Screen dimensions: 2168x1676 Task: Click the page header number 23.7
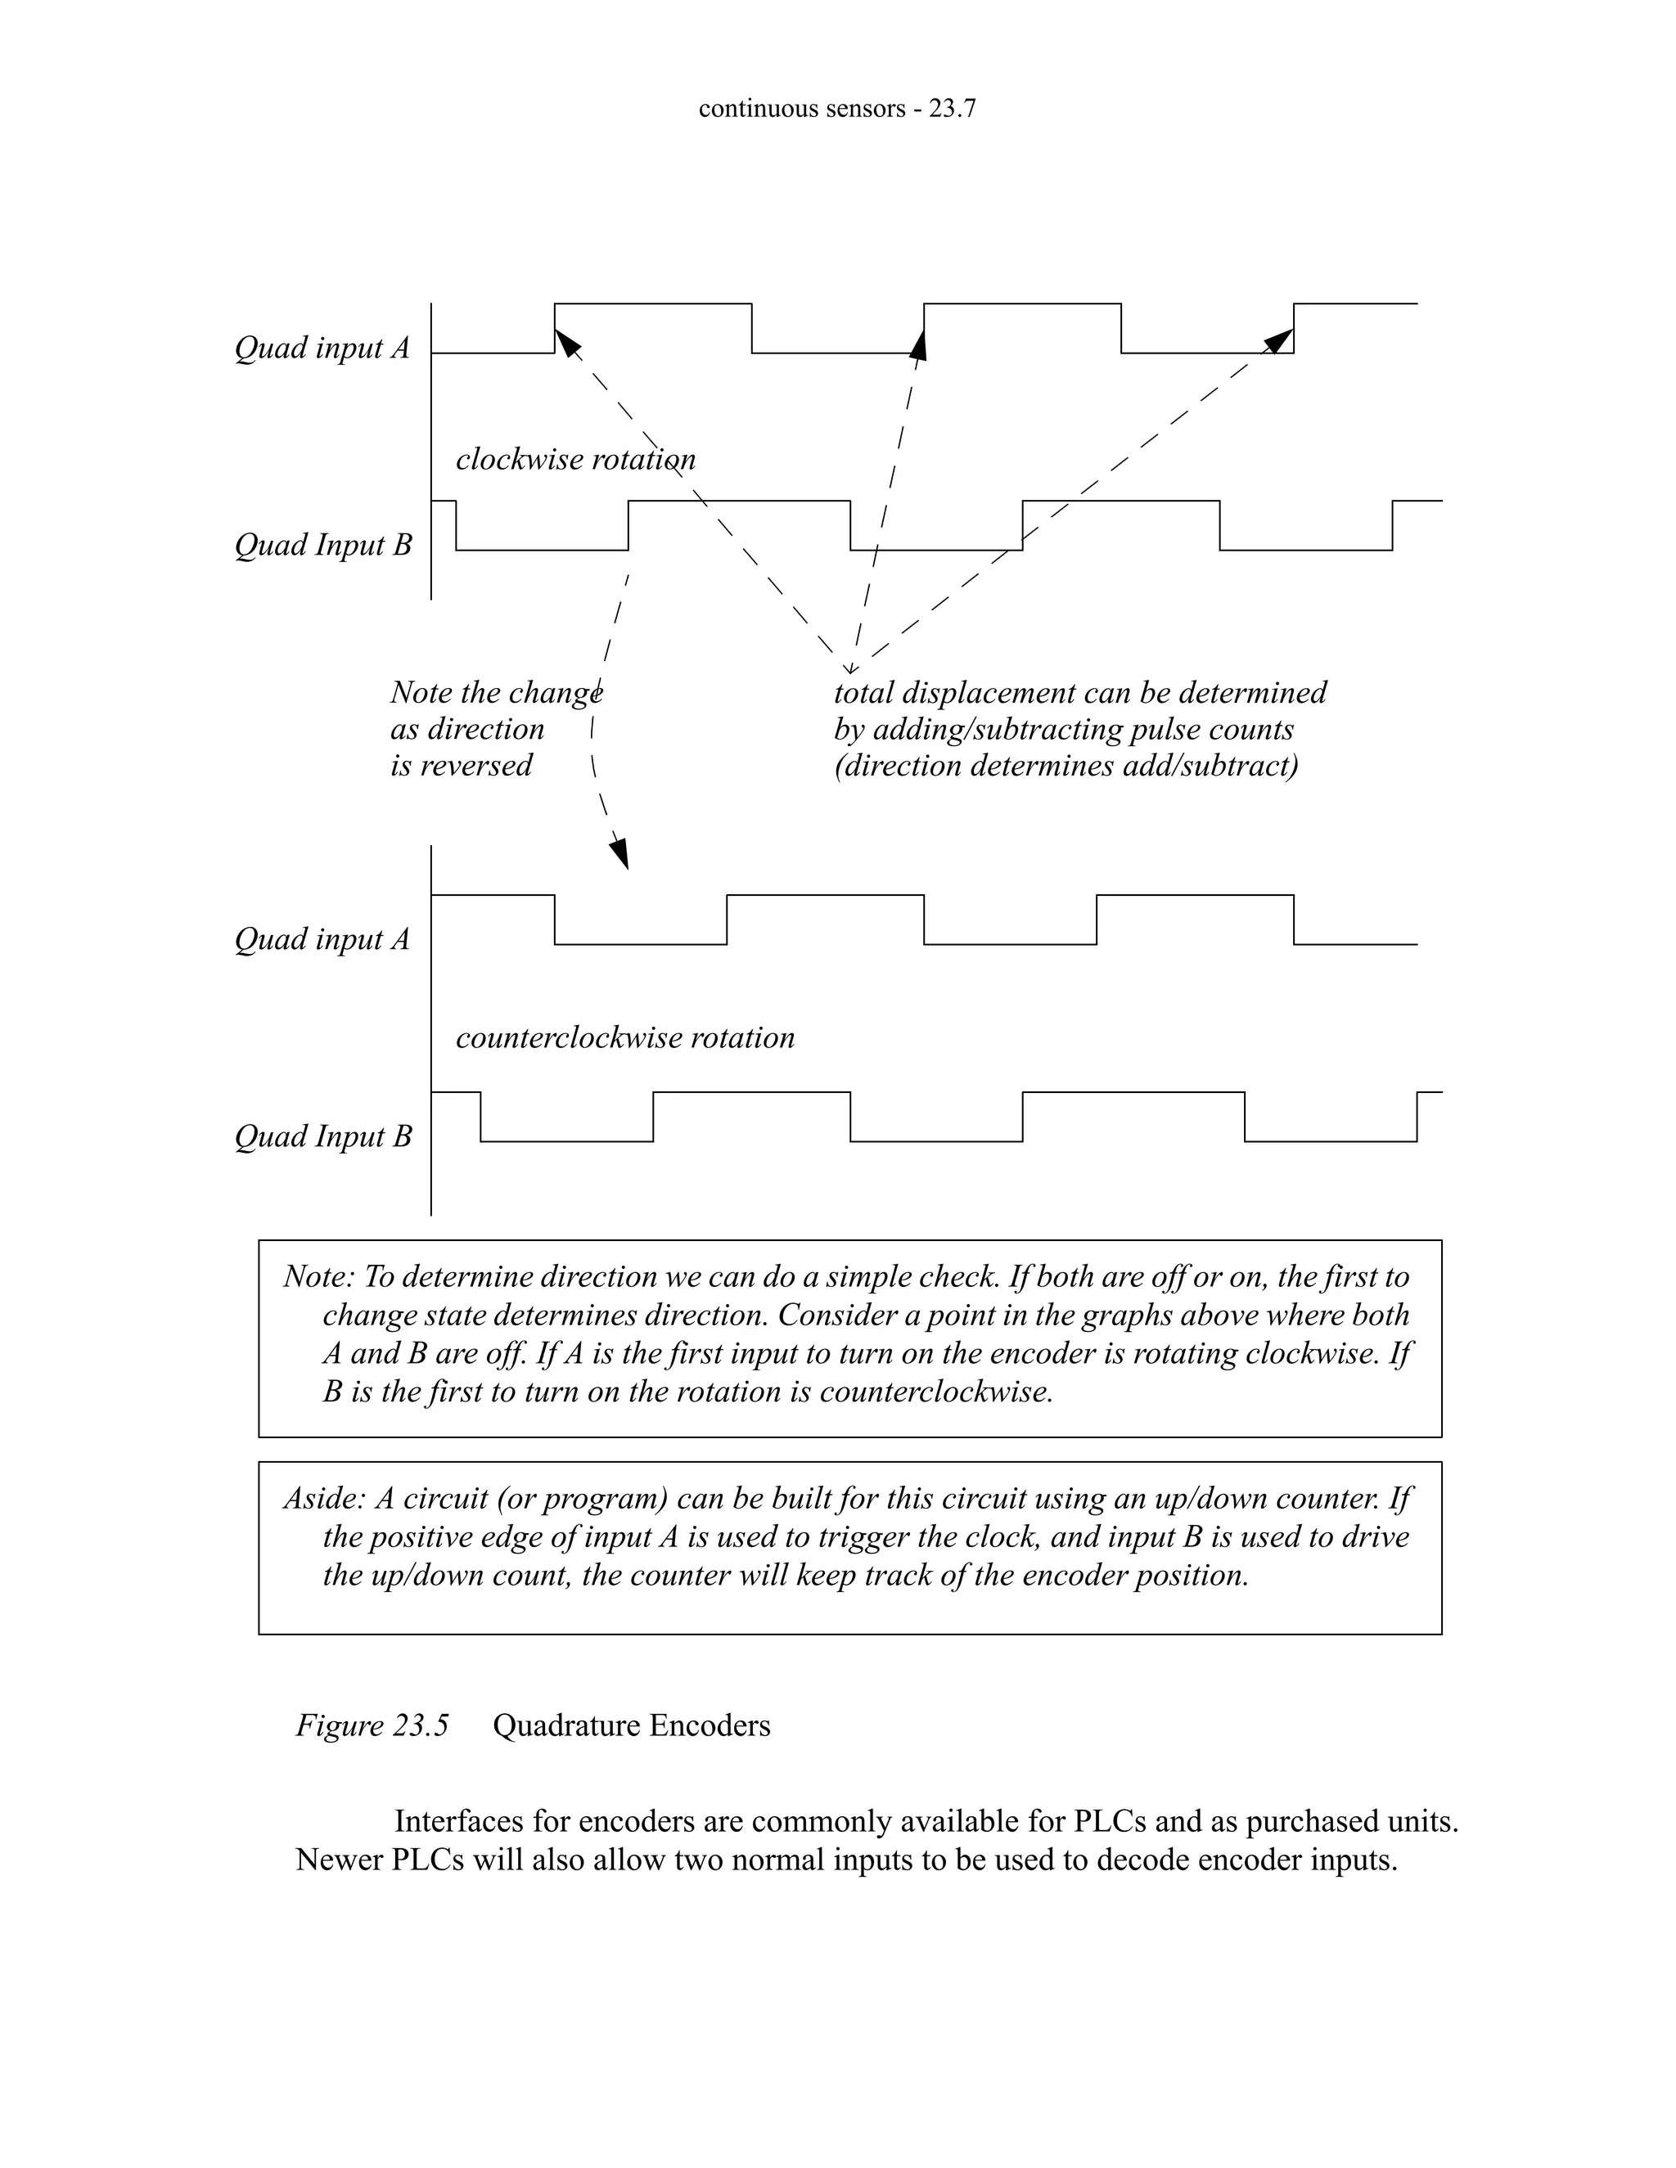pos(951,108)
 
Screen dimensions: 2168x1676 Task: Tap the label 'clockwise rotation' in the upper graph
pos(574,460)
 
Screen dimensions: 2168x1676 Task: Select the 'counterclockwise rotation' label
pos(624,1037)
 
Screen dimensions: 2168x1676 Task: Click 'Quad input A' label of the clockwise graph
pos(322,348)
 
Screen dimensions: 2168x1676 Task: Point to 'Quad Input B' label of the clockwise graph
pos(322,545)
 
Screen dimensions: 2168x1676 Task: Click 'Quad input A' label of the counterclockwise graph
pos(322,939)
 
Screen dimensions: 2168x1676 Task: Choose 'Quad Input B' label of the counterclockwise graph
pos(322,1136)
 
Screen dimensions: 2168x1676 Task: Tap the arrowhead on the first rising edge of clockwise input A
pos(566,343)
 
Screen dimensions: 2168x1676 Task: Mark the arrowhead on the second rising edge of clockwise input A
pos(919,344)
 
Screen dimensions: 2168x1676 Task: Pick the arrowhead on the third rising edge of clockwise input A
pos(1280,340)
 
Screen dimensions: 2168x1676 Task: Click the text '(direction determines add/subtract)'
pos(1066,766)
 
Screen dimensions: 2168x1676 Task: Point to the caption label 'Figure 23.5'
pos(372,1725)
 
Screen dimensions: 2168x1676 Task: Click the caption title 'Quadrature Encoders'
pos(632,1725)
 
